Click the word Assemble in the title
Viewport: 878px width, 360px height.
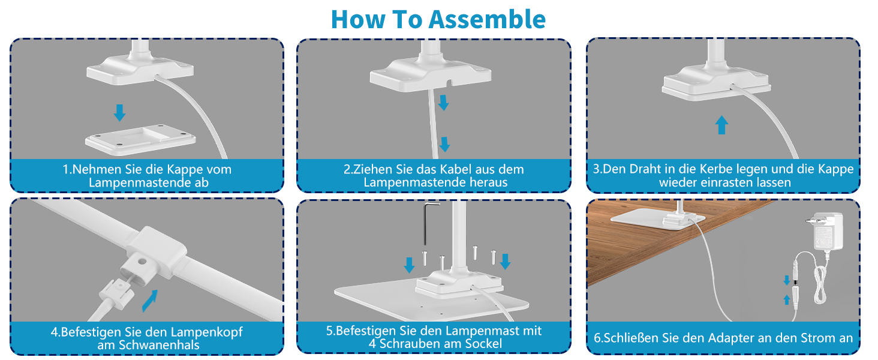pyautogui.click(x=487, y=19)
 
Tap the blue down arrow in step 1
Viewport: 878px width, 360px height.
pyautogui.click(x=119, y=113)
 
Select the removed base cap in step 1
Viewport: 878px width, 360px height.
pyautogui.click(x=140, y=139)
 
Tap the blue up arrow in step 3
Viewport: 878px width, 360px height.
pyautogui.click(x=721, y=125)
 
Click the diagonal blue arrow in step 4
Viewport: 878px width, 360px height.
pyautogui.click(x=150, y=301)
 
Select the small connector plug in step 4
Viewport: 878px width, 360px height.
pyautogui.click(x=116, y=295)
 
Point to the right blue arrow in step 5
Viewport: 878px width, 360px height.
pyautogui.click(x=505, y=261)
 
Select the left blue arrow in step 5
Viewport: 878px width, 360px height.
pyautogui.click(x=409, y=265)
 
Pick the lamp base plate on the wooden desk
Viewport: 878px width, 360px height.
pyautogui.click(x=658, y=220)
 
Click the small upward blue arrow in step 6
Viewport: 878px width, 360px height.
pyautogui.click(x=786, y=300)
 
